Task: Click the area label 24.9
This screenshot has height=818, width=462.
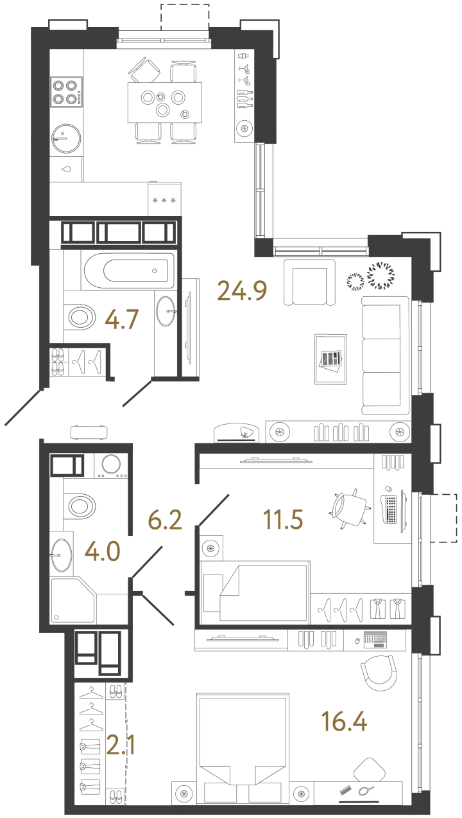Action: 242,290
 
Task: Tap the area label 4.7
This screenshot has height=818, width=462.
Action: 122,319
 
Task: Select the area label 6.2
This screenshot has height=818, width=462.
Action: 165,520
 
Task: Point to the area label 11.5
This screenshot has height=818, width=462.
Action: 283,520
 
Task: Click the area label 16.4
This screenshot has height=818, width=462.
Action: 344,721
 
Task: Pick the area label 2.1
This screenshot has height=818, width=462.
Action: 121,745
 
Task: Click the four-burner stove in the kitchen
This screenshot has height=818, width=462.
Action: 66,92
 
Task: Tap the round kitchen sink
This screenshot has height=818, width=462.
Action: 66,138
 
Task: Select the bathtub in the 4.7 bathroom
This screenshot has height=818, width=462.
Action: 129,271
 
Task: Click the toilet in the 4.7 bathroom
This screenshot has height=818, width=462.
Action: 80,317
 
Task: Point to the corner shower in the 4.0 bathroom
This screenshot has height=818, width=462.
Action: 73,600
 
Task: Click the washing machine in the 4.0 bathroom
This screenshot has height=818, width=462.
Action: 111,465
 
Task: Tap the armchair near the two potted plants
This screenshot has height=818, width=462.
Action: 309,282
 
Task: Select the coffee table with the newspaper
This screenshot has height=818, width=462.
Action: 330,359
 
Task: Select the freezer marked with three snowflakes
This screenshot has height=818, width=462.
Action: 164,199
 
